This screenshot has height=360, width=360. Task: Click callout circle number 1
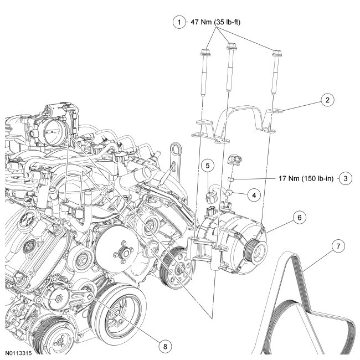178,23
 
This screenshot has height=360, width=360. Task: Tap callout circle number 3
345,179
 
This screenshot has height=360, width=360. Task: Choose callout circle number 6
299,218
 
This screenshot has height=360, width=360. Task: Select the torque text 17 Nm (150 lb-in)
307,179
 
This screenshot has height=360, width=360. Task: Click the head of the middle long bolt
228,49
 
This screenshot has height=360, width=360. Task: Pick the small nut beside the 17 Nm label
234,179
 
